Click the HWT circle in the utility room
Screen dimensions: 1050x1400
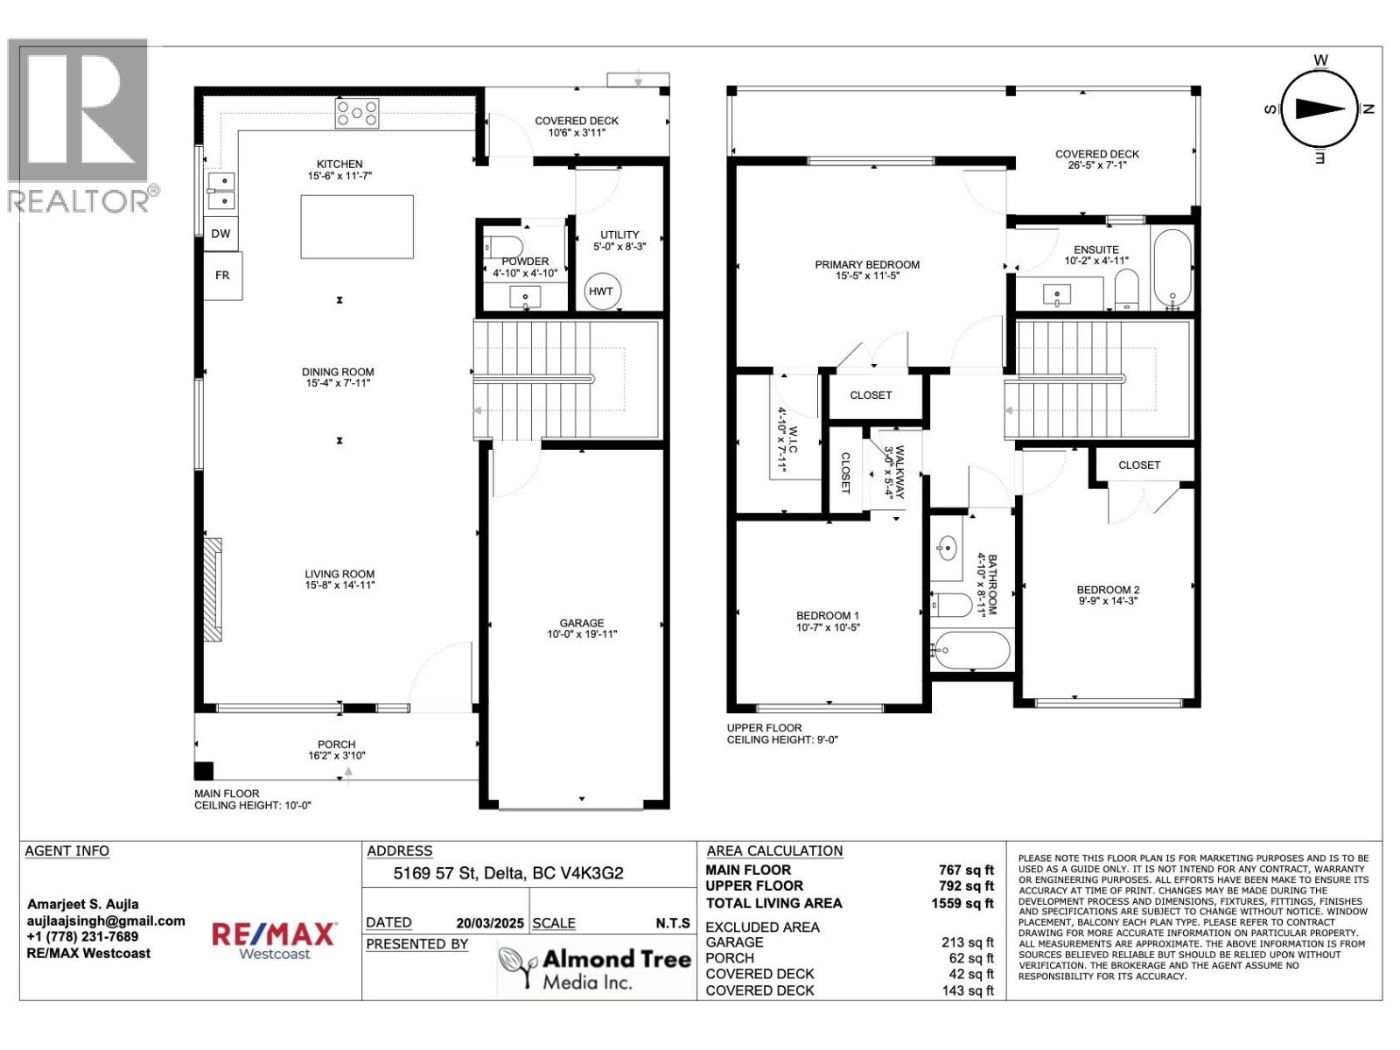[x=601, y=291]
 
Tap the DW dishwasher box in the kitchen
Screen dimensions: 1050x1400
[x=220, y=234]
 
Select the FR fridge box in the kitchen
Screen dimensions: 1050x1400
[x=222, y=275]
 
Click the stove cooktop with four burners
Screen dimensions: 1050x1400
[x=358, y=113]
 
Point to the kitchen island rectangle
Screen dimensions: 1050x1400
[x=357, y=227]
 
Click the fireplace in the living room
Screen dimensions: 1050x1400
[x=213, y=590]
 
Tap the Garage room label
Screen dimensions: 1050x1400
[x=582, y=628]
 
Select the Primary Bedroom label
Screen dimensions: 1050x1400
[x=867, y=269]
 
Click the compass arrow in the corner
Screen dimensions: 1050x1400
[x=1319, y=108]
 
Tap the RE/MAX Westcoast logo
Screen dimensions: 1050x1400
[x=275, y=941]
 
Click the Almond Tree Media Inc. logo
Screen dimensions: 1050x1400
[x=595, y=969]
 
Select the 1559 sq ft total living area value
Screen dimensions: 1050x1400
[x=962, y=903]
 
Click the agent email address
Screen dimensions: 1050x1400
[x=106, y=920]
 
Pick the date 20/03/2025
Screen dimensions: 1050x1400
[x=489, y=923]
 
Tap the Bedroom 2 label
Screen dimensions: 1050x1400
[x=1108, y=595]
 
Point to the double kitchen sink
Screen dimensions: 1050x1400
[x=221, y=191]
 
